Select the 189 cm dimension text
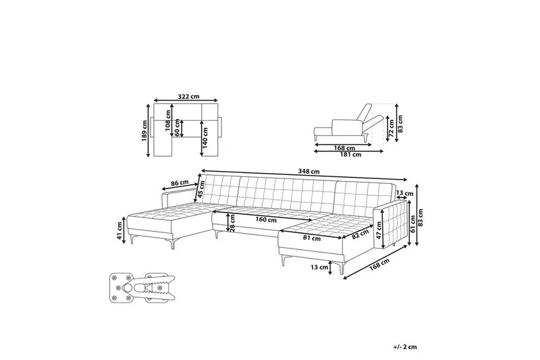click(x=145, y=130)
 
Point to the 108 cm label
click(x=168, y=120)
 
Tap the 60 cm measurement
click(x=178, y=127)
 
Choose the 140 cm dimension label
click(x=206, y=137)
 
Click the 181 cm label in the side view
click(x=350, y=155)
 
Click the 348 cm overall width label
click(x=308, y=171)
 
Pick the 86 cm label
click(x=179, y=182)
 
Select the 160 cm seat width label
click(x=265, y=220)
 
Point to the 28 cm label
click(x=232, y=222)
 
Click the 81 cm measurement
click(x=312, y=238)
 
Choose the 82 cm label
click(x=360, y=234)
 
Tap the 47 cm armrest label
click(x=379, y=230)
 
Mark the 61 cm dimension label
click(x=413, y=224)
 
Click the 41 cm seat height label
click(x=119, y=231)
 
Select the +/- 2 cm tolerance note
click(x=404, y=347)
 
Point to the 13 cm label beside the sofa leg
click(x=319, y=267)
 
